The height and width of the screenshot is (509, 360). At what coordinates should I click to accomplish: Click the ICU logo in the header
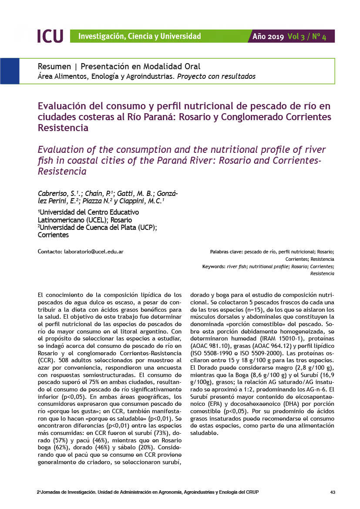50,36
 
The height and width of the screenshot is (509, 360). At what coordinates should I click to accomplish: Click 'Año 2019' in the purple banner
268,37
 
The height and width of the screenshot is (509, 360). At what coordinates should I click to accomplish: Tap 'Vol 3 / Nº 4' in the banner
307,37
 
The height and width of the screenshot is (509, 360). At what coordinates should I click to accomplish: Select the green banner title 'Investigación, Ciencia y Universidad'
139,36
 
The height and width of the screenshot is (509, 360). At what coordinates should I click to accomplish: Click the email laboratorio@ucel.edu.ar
94,252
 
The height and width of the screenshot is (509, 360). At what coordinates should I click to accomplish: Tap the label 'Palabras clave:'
226,252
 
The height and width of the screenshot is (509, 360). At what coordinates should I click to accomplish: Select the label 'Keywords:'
214,266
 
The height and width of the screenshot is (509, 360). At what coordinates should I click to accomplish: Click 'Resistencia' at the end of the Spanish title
64,128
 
